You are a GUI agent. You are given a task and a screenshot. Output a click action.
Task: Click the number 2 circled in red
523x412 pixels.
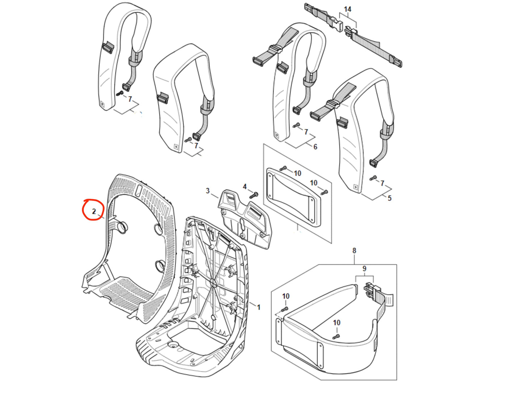point(94,211)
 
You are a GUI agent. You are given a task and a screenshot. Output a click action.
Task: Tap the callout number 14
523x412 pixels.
point(347,9)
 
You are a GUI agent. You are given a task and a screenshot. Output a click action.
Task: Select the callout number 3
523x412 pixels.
point(208,190)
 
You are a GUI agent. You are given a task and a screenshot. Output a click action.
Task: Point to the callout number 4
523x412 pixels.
point(245,186)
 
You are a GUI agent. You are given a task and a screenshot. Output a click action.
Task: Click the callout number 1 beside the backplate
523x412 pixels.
point(258,307)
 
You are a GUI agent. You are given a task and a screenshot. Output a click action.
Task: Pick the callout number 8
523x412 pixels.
point(354,251)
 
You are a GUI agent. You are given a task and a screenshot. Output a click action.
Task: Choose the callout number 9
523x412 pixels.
point(364,269)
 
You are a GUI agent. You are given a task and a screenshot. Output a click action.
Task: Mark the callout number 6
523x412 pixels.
point(315,147)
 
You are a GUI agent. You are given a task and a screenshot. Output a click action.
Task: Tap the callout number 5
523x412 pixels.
point(389,198)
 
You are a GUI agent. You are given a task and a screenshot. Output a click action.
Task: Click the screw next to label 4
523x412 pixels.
point(254,195)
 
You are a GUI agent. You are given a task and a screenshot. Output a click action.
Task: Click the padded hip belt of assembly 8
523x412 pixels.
point(326,337)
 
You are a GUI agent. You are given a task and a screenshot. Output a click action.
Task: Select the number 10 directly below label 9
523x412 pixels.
point(337,323)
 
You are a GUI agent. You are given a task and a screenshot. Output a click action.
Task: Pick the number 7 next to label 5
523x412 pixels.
point(382,183)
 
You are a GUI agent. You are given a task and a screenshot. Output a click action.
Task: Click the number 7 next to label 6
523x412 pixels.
point(306,132)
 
